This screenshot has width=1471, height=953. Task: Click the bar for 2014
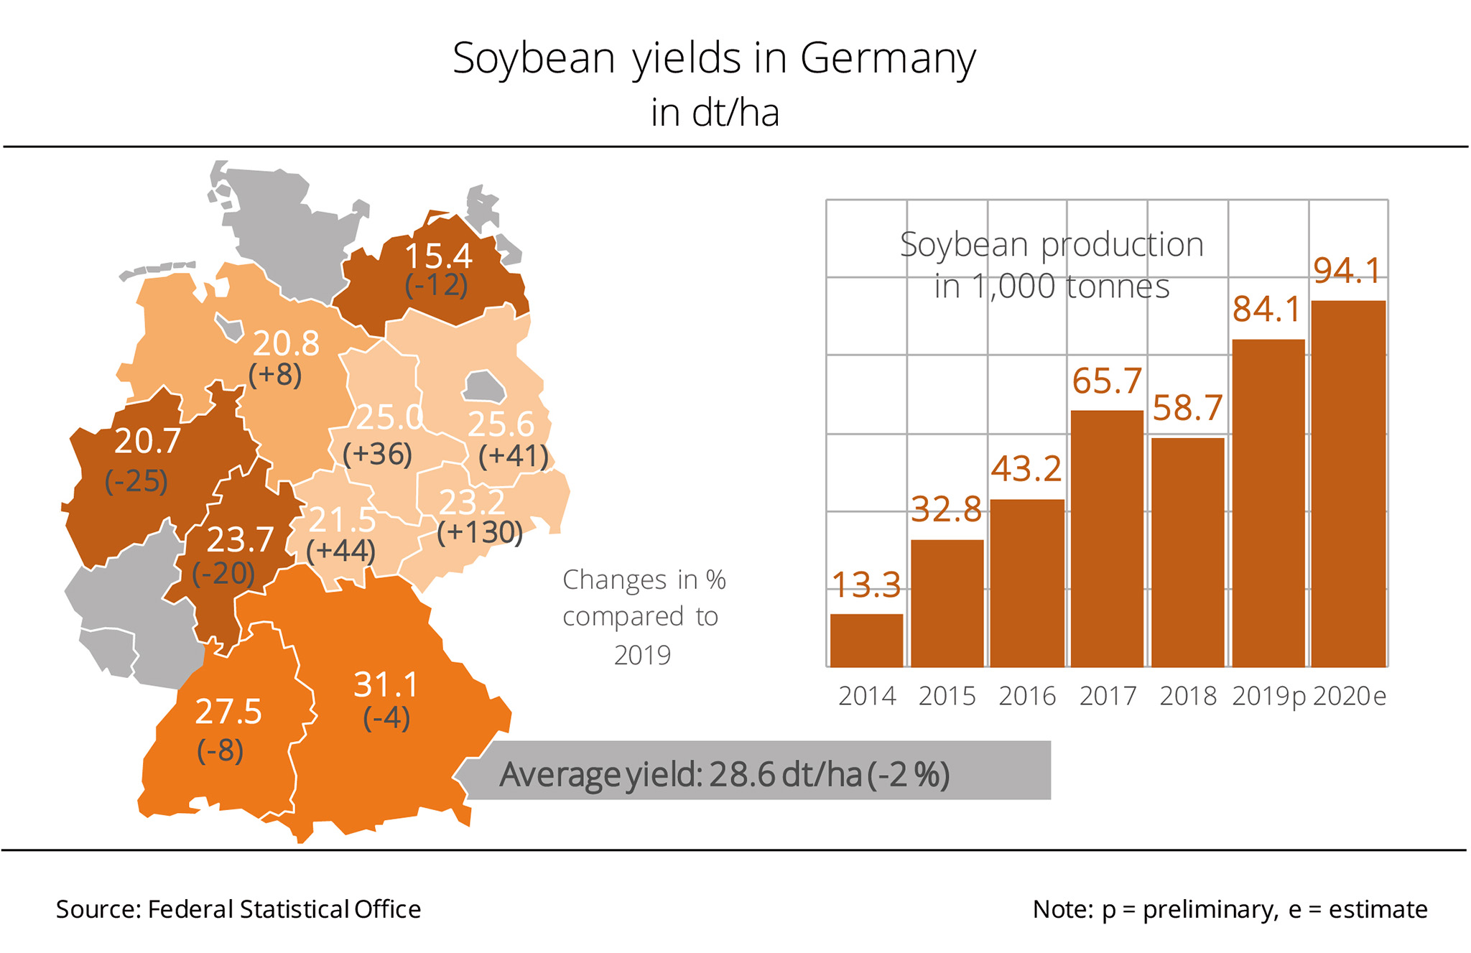[866, 641]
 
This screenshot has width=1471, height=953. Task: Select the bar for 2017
[1107, 539]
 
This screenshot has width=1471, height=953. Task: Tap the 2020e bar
[1348, 483]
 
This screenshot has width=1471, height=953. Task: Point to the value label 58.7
[1187, 409]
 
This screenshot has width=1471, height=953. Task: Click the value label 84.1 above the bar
[1267, 310]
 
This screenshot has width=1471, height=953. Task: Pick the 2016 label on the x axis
[1027, 696]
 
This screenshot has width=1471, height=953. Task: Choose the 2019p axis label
[1268, 696]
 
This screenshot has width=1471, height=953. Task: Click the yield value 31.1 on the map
[386, 685]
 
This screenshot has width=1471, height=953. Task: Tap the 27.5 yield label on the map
[228, 712]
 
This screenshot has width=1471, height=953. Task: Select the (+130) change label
[480, 532]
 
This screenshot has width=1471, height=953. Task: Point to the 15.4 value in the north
[438, 256]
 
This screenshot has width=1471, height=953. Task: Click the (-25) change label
[136, 480]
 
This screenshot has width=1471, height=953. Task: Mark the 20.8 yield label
[286, 344]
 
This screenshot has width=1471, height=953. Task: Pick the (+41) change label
[513, 456]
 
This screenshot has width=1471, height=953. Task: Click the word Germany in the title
[888, 59]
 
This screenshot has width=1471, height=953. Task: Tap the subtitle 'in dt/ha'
[715, 113]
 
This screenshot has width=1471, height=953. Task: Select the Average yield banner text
[724, 774]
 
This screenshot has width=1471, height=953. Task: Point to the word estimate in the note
[1378, 909]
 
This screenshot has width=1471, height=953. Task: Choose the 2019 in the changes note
[642, 655]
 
